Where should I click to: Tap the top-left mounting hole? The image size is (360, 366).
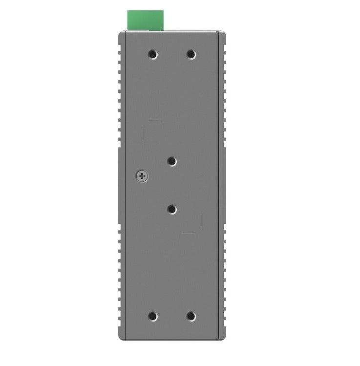tap(152, 54)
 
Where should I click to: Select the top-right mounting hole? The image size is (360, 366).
tap(192, 54)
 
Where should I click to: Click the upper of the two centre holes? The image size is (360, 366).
tap(172, 161)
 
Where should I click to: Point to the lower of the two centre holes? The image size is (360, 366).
tap(172, 209)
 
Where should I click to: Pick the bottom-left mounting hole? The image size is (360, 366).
tap(152, 317)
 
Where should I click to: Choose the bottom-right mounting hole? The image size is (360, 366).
tap(192, 317)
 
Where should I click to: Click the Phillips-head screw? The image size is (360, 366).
tap(142, 176)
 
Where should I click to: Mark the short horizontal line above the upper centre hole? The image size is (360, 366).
tap(155, 122)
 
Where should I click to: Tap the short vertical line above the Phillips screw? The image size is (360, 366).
tap(142, 136)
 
